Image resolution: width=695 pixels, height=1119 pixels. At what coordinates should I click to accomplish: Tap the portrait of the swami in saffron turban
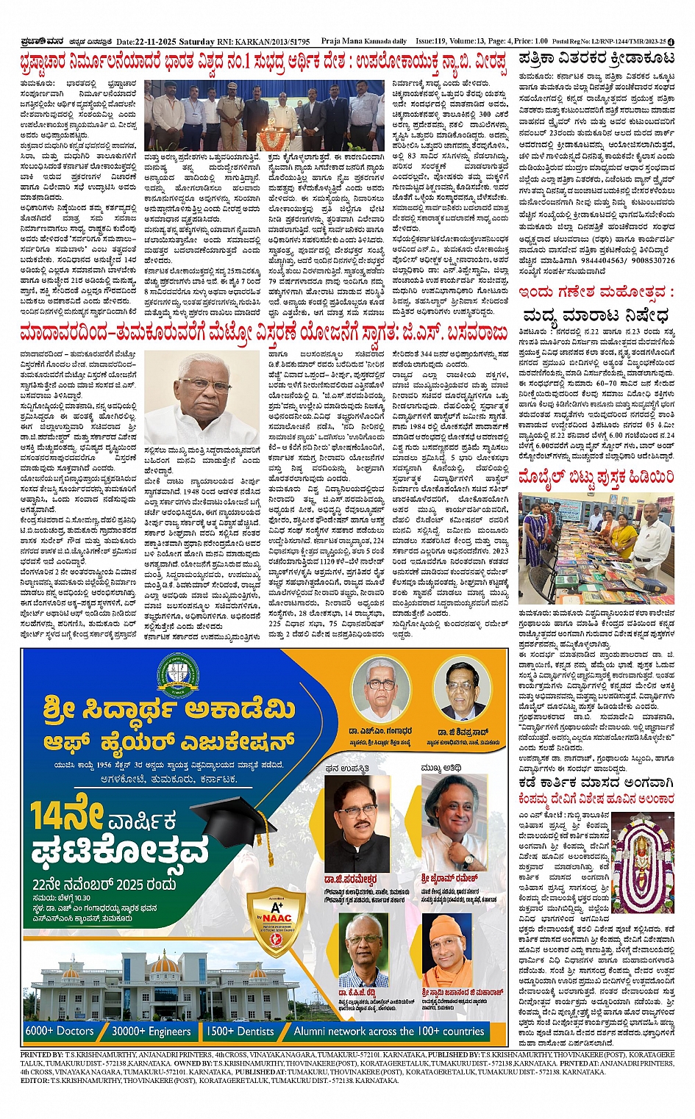click(450, 951)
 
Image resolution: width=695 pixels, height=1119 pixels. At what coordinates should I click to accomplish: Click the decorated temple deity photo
click(644, 851)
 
